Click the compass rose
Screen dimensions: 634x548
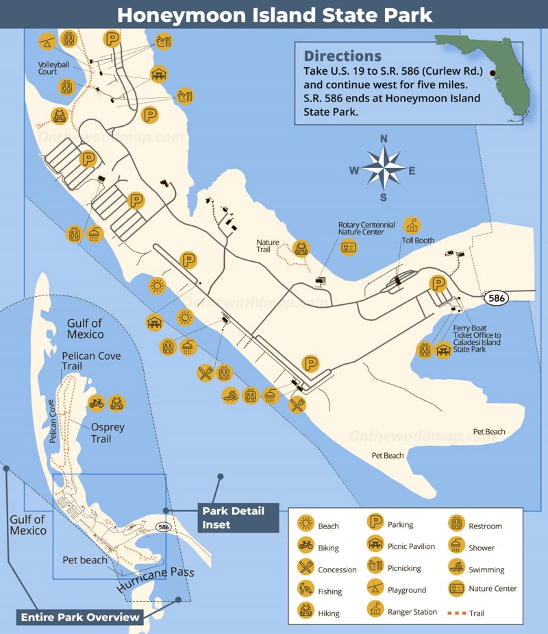384,169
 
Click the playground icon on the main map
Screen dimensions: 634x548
47,41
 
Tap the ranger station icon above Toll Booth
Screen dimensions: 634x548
412,225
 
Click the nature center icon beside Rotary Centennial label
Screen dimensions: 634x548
349,248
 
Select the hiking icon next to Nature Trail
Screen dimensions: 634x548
300,247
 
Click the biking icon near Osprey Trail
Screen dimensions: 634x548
96,403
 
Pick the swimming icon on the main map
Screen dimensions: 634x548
230,395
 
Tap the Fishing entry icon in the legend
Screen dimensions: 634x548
306,589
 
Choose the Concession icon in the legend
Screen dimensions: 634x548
306,568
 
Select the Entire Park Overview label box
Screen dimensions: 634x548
79,617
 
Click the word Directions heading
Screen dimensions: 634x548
342,56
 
